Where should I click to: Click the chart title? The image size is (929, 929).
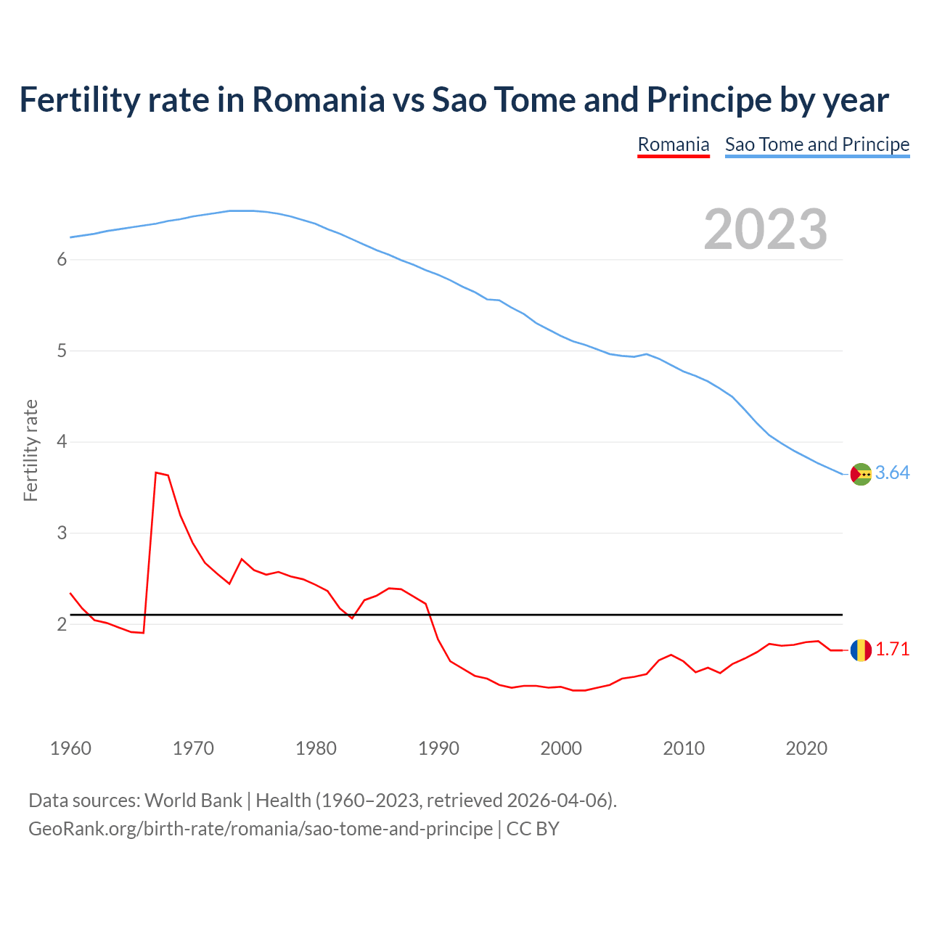click(x=454, y=100)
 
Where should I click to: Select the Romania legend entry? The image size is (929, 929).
click(x=673, y=144)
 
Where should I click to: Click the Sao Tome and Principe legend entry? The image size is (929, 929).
click(x=817, y=144)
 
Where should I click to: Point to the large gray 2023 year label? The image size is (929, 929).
click(x=765, y=229)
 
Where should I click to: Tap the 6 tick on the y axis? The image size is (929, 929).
click(x=62, y=260)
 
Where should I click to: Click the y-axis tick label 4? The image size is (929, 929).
click(x=62, y=442)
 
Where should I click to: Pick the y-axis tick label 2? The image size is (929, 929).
click(x=62, y=624)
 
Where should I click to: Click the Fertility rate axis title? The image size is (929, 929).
click(x=30, y=450)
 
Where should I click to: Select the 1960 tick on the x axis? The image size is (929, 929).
click(x=70, y=748)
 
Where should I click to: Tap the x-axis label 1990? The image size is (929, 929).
click(x=438, y=748)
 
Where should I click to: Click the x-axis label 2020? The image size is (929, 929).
click(x=806, y=748)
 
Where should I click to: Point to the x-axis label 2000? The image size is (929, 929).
click(x=561, y=748)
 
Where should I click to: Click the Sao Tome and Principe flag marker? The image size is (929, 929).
click(x=861, y=474)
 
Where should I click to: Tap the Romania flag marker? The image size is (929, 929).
click(x=861, y=650)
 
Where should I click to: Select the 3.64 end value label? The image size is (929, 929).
click(x=892, y=473)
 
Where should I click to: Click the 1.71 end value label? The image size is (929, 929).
click(x=892, y=650)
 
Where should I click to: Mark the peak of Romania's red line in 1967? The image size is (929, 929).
click(x=156, y=472)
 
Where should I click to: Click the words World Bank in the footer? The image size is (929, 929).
click(x=193, y=801)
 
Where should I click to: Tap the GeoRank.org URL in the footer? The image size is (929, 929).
click(x=260, y=829)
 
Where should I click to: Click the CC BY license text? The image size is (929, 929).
click(x=533, y=829)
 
